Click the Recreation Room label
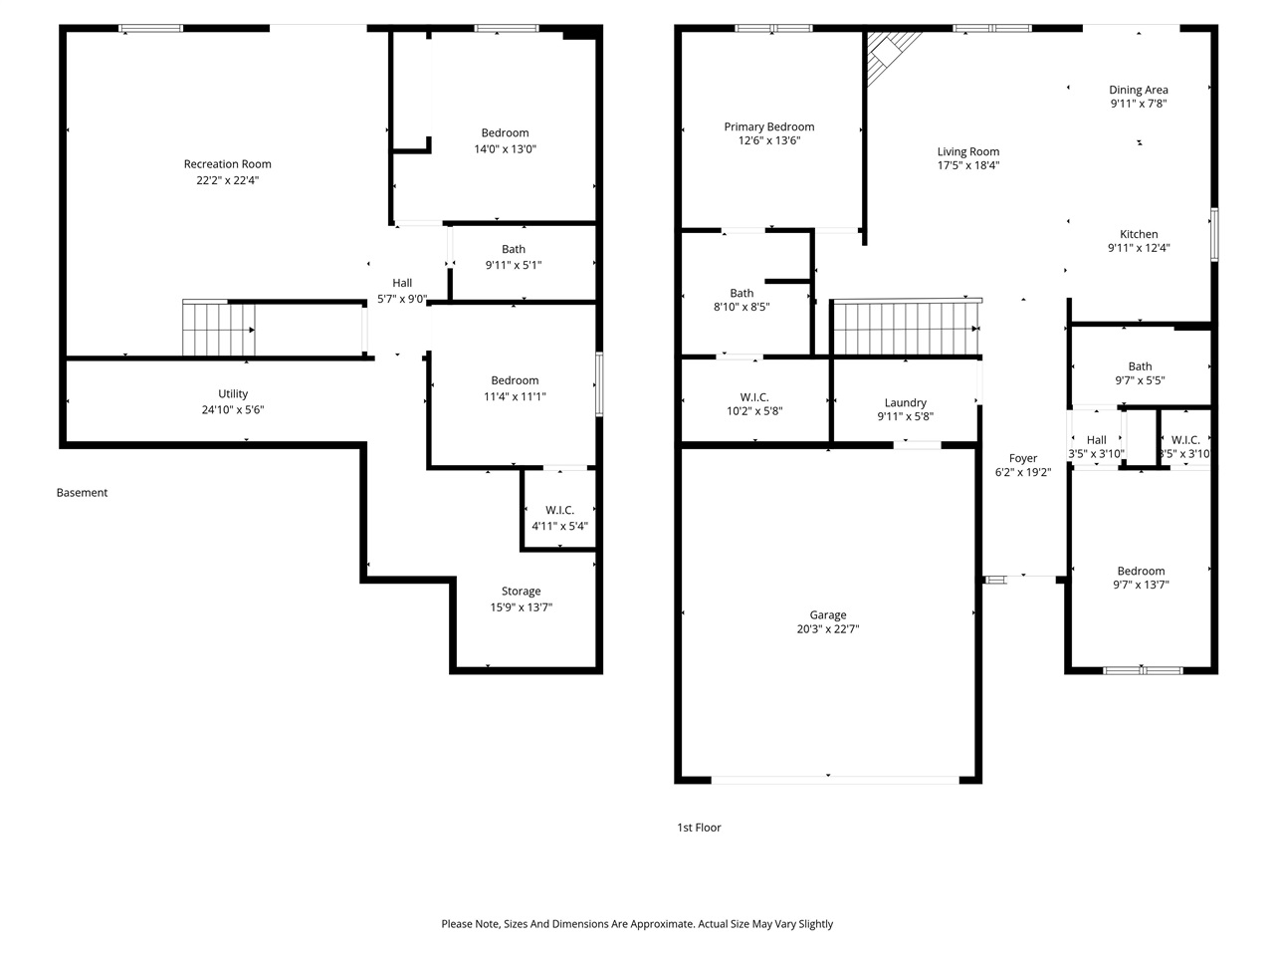coord(227,164)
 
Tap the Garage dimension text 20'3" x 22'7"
coord(827,629)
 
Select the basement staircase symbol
coord(218,329)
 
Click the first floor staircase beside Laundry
coord(906,329)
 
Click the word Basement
coord(82,493)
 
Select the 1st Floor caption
coord(699,828)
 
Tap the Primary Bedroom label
coord(768,126)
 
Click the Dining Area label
coord(1139,90)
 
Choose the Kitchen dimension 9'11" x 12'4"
coord(1139,248)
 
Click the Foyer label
coord(1023,458)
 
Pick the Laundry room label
coord(905,403)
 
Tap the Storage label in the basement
coord(521,592)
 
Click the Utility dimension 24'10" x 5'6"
coord(233,409)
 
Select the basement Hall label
coord(402,283)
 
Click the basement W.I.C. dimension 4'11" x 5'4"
coord(559,526)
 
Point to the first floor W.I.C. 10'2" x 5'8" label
coord(754,397)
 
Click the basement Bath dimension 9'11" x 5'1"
coord(514,265)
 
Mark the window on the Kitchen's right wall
coord(1214,235)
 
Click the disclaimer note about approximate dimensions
coord(637,924)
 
